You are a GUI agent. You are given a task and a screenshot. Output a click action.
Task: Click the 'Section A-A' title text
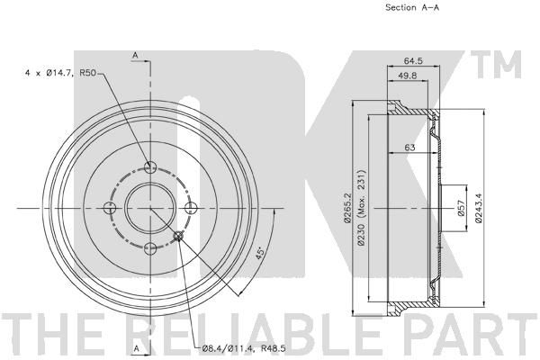pyautogui.click(x=412, y=7)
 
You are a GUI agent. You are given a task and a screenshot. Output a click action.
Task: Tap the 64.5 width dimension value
pyautogui.click(x=413, y=61)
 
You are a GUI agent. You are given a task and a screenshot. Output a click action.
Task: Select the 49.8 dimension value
pyautogui.click(x=408, y=76)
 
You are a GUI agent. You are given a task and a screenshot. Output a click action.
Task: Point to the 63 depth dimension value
pyautogui.click(x=409, y=148)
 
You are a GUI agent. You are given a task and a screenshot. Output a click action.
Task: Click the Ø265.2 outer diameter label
pyautogui.click(x=347, y=208)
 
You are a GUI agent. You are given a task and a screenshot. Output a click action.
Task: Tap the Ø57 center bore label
pyautogui.click(x=463, y=208)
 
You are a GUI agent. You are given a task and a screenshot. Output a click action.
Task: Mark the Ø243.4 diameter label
pyautogui.click(x=479, y=208)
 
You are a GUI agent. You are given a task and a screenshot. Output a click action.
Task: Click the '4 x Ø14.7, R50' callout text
pyautogui.click(x=60, y=73)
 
